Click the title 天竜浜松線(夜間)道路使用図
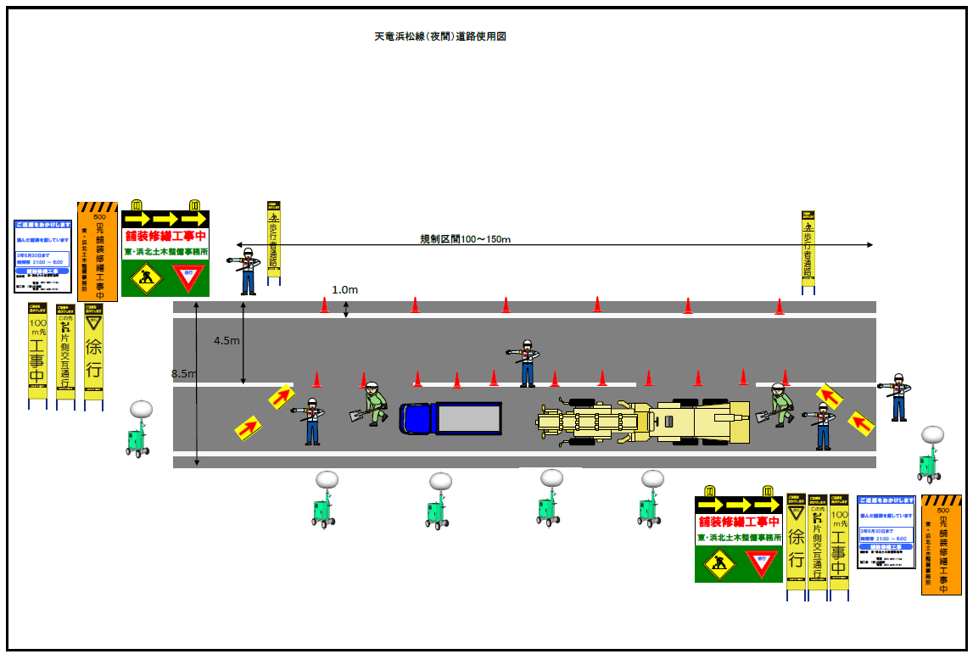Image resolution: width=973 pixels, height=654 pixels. [440, 36]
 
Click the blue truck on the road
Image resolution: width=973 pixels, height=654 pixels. [450, 418]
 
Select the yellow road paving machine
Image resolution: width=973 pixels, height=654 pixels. [645, 422]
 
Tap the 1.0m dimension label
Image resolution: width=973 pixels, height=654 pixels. [344, 290]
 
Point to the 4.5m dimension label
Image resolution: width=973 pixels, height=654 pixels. [226, 341]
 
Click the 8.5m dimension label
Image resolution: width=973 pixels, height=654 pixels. [184, 374]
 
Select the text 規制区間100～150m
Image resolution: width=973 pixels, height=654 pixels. [466, 239]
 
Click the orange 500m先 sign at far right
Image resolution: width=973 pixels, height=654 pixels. [941, 545]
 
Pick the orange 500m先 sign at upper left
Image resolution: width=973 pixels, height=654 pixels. [97, 252]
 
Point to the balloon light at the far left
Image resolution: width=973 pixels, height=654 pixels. [139, 429]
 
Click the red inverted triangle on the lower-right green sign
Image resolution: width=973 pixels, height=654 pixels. [761, 562]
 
